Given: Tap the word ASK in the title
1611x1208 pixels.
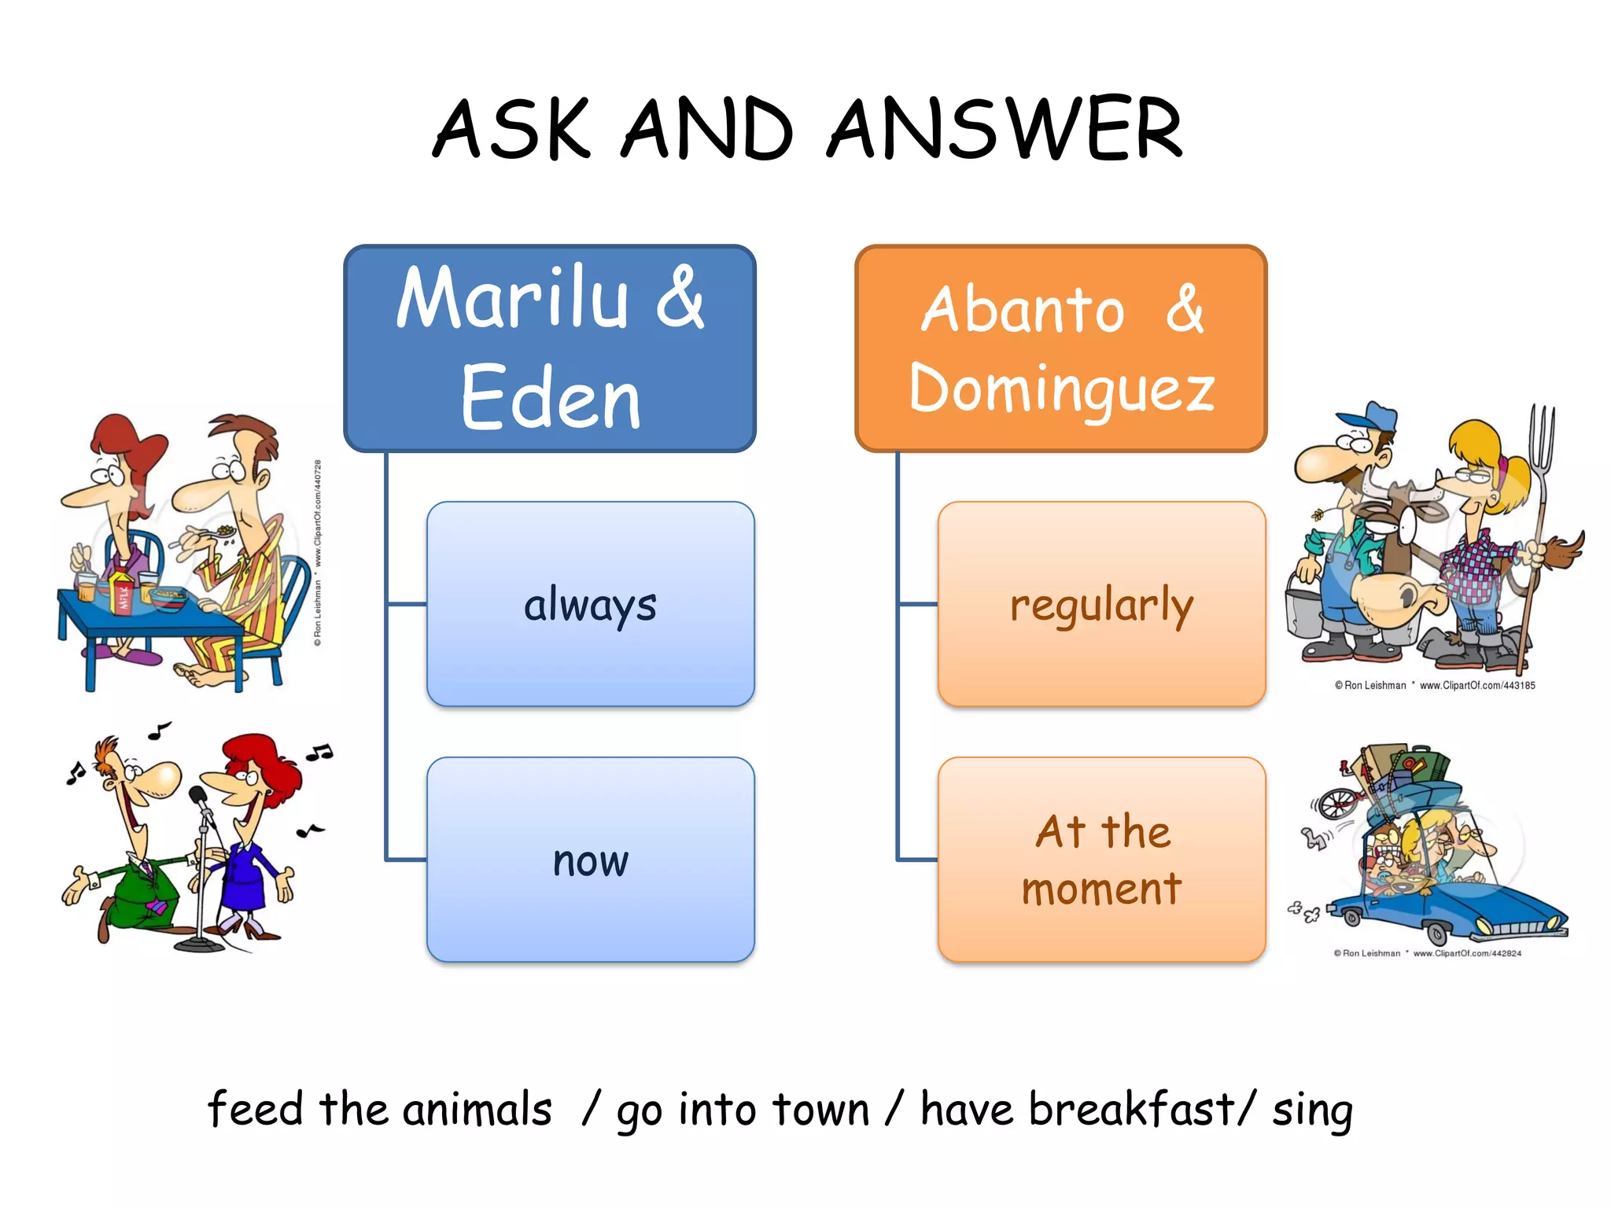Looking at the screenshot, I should coord(511,128).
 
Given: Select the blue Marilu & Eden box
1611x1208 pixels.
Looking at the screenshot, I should coord(550,348).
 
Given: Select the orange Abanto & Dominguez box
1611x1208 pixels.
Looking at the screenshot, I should coord(1060,348).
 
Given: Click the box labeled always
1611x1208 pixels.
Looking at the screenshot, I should coord(590,604).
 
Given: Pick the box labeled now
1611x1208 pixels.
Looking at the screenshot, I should coord(590,860).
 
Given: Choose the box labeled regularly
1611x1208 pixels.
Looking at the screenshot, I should coord(1101,604).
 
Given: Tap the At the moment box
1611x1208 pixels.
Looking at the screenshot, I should coord(1101,860).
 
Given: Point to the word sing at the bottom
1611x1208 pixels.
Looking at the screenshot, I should coord(1312,1110).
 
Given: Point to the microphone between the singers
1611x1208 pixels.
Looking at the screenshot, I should coord(200,799).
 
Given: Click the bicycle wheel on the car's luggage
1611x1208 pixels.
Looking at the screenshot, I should coord(1337,804).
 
